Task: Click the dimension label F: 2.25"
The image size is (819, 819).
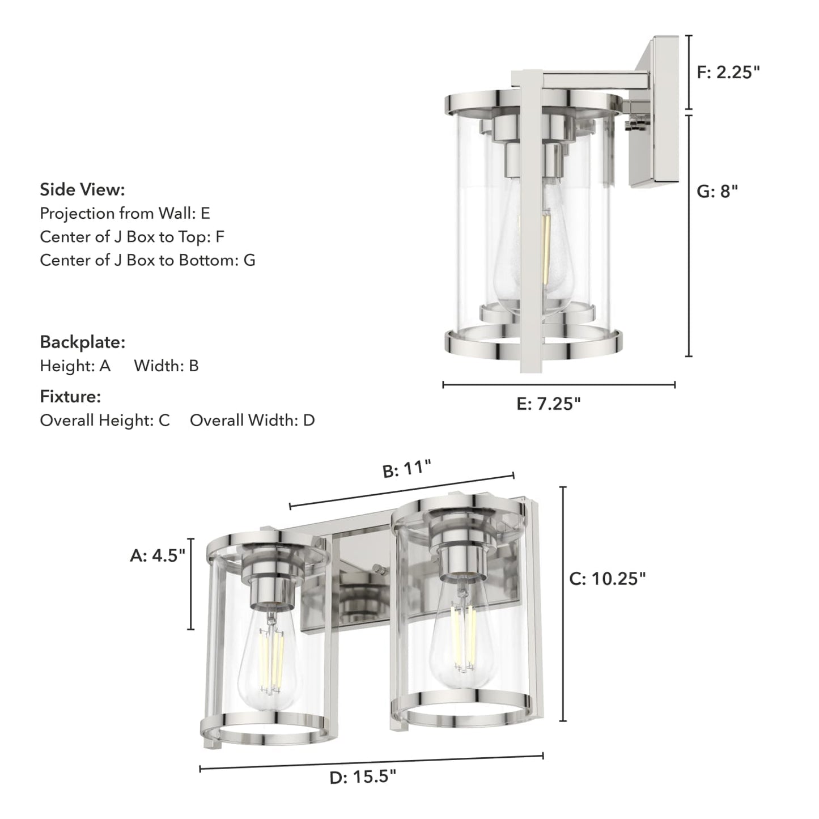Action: coord(728,72)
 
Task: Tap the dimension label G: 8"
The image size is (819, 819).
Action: coord(717,192)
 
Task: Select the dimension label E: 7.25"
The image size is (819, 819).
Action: coord(549,404)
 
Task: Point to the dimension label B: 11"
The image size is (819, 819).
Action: coord(407,470)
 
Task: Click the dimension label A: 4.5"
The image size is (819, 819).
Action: coord(158,555)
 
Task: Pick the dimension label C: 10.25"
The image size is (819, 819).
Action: coord(607,579)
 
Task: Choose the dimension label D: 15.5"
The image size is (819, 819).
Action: coord(363,776)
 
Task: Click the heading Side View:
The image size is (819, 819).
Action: coord(82,189)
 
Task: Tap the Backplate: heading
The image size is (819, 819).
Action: coord(82,342)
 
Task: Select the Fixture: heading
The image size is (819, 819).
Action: coord(70,396)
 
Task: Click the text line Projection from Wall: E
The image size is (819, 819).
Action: coord(125,213)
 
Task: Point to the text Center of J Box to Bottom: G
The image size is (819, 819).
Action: coord(147,260)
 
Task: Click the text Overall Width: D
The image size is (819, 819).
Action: coord(252,420)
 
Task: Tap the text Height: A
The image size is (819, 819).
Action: coord(75,366)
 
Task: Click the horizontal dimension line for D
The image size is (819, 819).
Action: coord(371,762)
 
